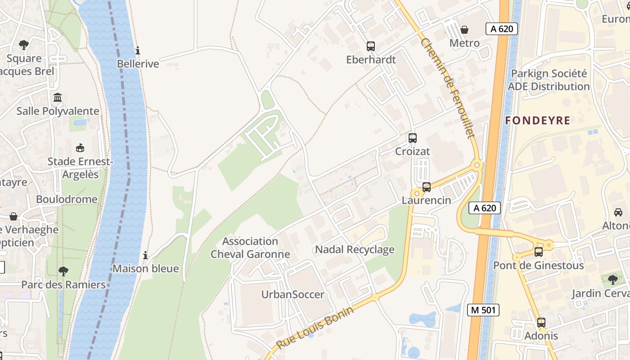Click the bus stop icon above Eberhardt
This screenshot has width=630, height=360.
[x=371, y=46]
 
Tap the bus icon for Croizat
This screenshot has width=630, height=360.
[x=413, y=138]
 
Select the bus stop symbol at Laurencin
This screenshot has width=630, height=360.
[x=427, y=187]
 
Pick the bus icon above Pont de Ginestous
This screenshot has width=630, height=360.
[x=539, y=252]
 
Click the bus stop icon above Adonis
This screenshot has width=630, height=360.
[x=541, y=322]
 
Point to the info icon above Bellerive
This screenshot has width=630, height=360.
[x=138, y=50]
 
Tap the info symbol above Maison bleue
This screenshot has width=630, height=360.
[x=145, y=256]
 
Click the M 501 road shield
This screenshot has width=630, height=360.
[x=483, y=310]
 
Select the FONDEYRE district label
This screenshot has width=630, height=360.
[x=537, y=121]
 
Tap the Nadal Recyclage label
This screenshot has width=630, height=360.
[x=355, y=249]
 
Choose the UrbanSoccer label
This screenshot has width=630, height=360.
[x=292, y=294]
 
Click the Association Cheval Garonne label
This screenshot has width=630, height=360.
[x=250, y=247]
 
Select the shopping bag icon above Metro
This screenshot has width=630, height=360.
[x=464, y=30]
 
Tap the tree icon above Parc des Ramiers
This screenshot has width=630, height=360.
[x=63, y=271]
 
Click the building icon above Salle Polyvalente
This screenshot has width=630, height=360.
[x=58, y=97]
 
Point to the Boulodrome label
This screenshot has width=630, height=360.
[x=67, y=199]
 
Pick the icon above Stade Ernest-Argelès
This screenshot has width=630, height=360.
[x=80, y=148]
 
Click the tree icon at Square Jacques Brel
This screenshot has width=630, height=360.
[x=24, y=45]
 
